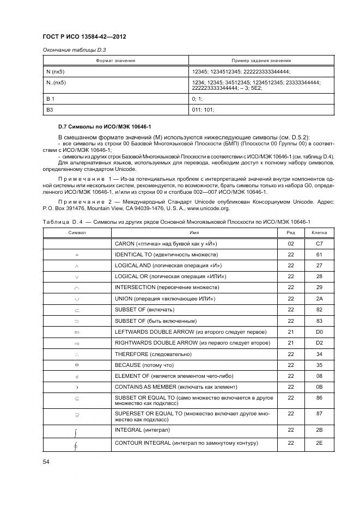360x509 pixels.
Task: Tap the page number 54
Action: coord(46,462)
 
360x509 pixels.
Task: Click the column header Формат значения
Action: coord(115,60)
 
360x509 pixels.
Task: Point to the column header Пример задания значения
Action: coord(261,60)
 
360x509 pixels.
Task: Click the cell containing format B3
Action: coord(50,109)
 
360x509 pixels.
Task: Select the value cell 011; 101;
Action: coord(203,109)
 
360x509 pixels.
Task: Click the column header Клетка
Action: coord(319,232)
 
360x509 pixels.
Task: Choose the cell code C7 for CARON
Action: coord(319,243)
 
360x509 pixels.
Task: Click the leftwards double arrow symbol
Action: coord(76,332)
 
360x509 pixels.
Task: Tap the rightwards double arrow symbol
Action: coord(76,343)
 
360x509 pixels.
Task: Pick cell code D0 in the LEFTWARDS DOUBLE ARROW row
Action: coord(319,332)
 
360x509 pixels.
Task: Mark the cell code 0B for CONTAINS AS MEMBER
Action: coord(319,387)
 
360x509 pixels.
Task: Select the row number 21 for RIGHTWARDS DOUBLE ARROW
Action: coord(290,343)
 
